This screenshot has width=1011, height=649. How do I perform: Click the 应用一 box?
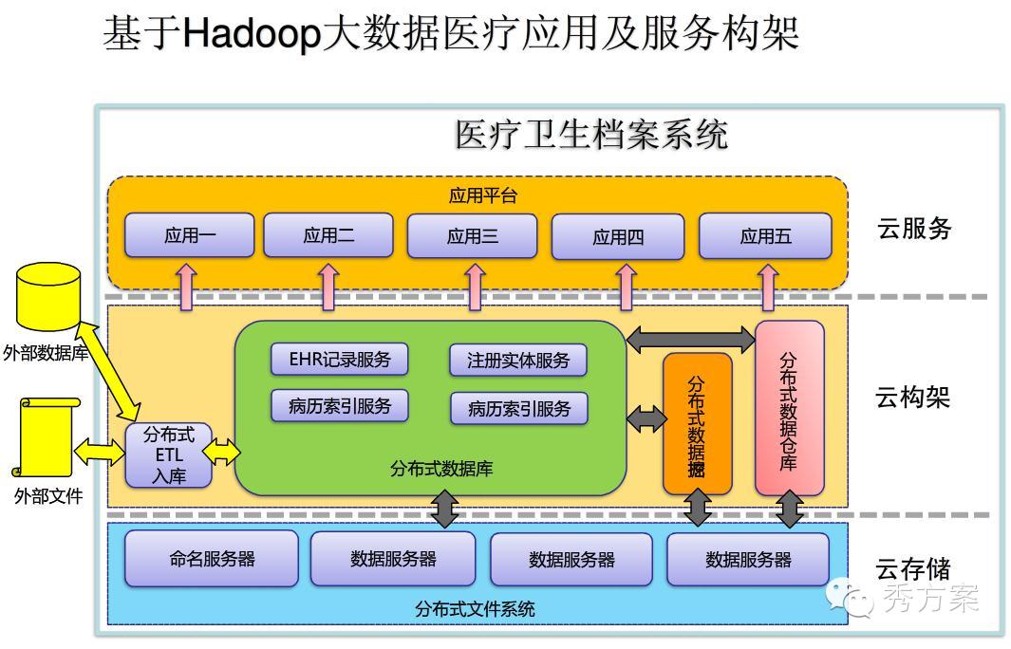(x=190, y=236)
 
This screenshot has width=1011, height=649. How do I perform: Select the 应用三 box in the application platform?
(x=472, y=236)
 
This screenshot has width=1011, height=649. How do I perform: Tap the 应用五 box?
(x=765, y=236)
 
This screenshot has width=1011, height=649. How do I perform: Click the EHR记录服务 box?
(x=340, y=359)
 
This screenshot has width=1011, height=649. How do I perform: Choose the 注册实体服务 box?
(x=518, y=361)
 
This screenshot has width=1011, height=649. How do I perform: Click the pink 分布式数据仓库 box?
(x=789, y=408)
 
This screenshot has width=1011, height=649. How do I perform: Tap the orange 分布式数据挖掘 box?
(x=697, y=423)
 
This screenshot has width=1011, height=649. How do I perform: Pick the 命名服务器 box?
(x=212, y=559)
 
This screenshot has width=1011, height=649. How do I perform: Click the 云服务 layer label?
(x=914, y=229)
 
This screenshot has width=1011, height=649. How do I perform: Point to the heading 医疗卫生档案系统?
(x=591, y=136)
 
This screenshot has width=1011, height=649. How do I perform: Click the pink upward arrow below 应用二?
(x=328, y=287)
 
